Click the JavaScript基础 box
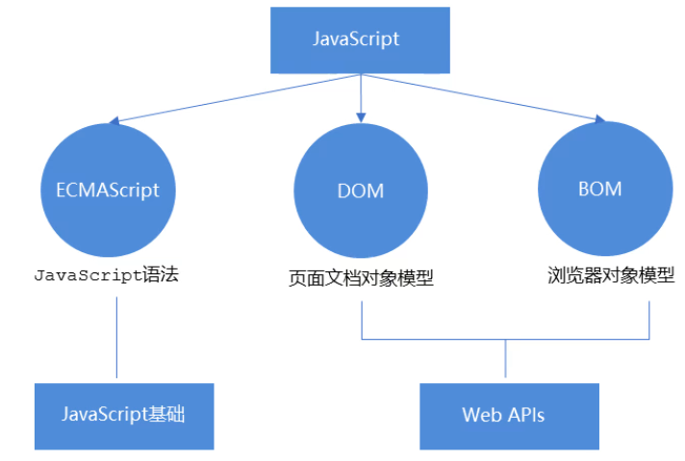[122, 415]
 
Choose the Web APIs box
[509, 415]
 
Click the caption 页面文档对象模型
[361, 279]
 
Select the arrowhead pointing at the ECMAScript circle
[114, 122]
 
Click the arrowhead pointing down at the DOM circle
[361, 116]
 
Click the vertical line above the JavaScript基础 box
[116, 337]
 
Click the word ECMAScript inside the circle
[101, 190]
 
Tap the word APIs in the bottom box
[525, 415]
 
